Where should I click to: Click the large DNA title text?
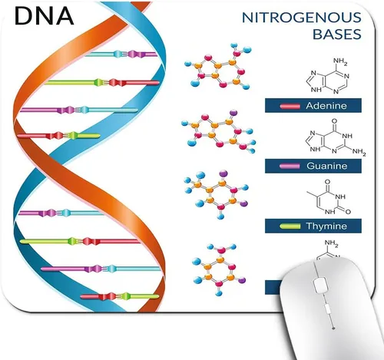[x=44, y=16]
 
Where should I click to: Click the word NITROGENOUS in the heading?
[x=302, y=18]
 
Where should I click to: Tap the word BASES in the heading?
[x=337, y=35]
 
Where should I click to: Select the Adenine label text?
[x=326, y=106]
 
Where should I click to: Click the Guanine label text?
[x=327, y=166]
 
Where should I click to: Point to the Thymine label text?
[x=326, y=226]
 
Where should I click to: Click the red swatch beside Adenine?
[x=290, y=106]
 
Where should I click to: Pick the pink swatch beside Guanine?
[x=290, y=166]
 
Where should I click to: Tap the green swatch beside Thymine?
[x=290, y=226]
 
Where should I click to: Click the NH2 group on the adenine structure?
[x=340, y=62]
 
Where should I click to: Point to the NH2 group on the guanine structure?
[x=359, y=152]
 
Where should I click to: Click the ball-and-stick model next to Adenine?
[x=217, y=66]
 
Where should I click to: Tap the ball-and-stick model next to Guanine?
[x=218, y=131]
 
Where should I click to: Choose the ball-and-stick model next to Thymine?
[x=217, y=194]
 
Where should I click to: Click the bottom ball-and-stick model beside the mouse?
[x=219, y=269]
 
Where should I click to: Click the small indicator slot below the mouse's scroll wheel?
[x=327, y=309]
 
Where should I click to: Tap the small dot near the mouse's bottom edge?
[x=333, y=329]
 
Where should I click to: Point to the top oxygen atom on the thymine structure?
[x=327, y=182]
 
